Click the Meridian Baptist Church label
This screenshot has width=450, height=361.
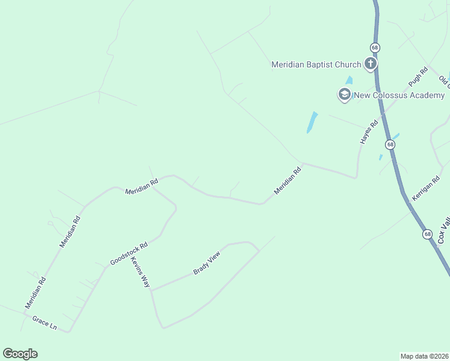316,64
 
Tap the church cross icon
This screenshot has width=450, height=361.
371,64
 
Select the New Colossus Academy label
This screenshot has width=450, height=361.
399,95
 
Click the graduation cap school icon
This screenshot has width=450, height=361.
345,94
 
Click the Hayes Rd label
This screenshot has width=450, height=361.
369,132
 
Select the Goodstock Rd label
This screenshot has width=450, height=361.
129,254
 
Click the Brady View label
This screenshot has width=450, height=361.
207,264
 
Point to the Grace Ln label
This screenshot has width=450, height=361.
45,323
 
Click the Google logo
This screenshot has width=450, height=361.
20,354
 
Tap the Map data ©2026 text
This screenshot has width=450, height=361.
424,356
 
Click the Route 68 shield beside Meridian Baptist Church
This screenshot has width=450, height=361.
374,47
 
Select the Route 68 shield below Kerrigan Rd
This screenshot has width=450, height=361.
427,234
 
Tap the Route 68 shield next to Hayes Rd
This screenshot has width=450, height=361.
390,144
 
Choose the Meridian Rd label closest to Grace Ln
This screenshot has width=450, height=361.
35,292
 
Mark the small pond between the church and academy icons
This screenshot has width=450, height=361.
348,80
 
